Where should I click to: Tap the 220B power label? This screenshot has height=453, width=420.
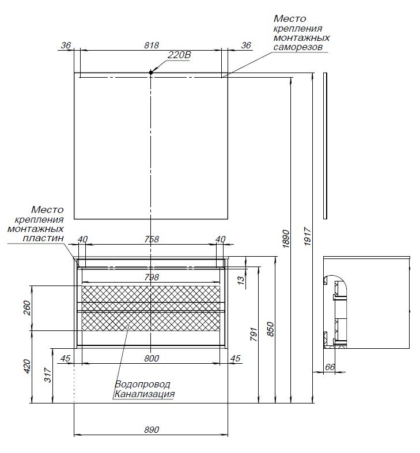click(179, 56)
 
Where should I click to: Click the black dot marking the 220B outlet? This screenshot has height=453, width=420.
click(151, 72)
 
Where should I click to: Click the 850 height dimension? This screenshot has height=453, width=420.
click(271, 329)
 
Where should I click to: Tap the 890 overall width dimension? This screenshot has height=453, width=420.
click(151, 430)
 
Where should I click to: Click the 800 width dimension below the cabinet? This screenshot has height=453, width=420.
click(151, 358)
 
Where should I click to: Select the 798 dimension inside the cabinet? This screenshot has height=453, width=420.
click(151, 277)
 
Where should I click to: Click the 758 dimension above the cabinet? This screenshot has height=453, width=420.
click(151, 239)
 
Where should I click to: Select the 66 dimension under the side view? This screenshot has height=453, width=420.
click(330, 367)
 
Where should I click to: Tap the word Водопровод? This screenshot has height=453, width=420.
click(142, 384)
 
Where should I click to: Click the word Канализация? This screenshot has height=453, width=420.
click(144, 394)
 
